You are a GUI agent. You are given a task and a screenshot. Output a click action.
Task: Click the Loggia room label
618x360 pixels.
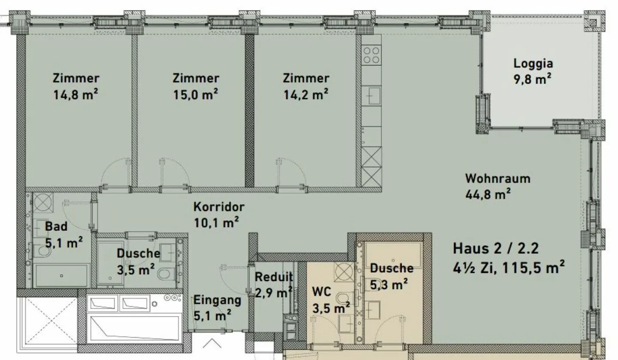click(533, 64)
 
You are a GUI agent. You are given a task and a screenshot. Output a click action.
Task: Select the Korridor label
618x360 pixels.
click(218, 207)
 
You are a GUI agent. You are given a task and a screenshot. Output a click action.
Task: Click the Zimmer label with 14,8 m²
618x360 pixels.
click(76, 79)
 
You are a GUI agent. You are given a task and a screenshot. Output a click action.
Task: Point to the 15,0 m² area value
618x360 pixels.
click(196, 94)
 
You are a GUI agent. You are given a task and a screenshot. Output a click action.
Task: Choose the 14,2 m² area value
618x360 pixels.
click(306, 94)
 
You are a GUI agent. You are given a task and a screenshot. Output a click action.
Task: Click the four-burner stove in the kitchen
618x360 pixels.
click(371, 55)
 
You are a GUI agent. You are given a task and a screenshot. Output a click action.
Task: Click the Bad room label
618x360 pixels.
click(56, 227)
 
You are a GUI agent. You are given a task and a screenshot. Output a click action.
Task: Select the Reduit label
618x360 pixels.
click(274, 277)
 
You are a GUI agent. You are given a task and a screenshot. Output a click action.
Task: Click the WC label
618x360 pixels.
click(321, 292)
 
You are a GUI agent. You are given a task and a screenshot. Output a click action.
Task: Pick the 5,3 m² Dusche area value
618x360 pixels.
click(389, 284)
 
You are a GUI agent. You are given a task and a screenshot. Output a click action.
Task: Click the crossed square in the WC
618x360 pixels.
click(344, 271)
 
